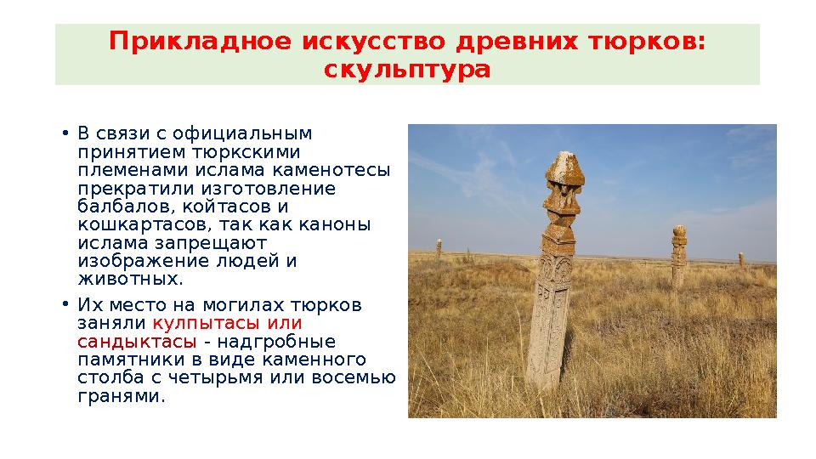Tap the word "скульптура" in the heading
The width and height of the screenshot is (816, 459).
click(x=407, y=69)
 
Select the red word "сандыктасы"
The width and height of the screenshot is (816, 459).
click(x=137, y=342)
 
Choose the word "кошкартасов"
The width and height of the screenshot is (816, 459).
click(x=139, y=225)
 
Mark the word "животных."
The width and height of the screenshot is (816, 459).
click(x=130, y=280)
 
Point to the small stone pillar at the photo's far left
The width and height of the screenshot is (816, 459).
click(x=439, y=248)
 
